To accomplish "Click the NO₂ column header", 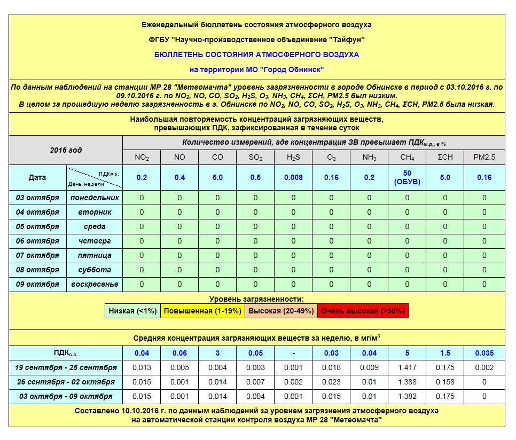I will [x=142, y=158].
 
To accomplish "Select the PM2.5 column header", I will [x=484, y=158].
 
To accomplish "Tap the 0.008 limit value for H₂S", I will [x=293, y=177].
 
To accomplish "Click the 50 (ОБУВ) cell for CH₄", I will [x=407, y=177].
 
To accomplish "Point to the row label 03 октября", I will [x=37, y=198].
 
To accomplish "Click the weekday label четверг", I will [x=95, y=241].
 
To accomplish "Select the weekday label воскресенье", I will [x=95, y=284].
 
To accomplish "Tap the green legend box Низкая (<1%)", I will [x=132, y=311].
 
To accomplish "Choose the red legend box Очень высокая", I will [x=363, y=311].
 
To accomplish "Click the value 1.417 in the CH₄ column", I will [x=407, y=367].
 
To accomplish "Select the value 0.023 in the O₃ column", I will [x=331, y=382].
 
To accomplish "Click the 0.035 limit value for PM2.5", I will [x=484, y=353].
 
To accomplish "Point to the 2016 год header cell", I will [x=66, y=150].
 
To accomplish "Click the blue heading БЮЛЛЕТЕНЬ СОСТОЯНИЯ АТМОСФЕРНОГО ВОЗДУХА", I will [x=256, y=54].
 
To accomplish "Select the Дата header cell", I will [x=37, y=177].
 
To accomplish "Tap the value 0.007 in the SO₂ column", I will [x=255, y=382].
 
